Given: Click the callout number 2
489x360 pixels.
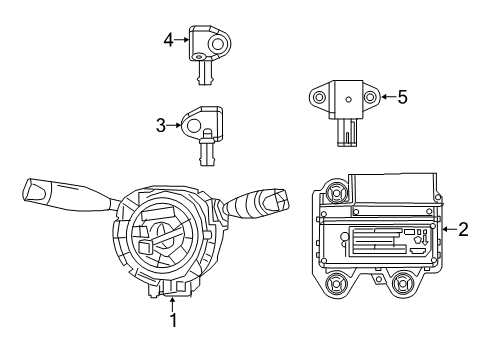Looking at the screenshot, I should pos(463,229).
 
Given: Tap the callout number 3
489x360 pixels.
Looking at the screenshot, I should pos(160,125).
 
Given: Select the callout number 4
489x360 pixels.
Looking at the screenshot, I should pos(169,40).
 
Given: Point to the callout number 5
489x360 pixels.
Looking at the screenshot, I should pos(402,97).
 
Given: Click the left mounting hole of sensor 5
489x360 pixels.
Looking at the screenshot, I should pos(320,98).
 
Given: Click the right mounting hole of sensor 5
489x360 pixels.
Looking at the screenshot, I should pos(371,98).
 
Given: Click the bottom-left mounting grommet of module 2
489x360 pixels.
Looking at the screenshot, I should pos(336,283).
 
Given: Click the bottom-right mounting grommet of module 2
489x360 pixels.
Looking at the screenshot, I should pos(404,283).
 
